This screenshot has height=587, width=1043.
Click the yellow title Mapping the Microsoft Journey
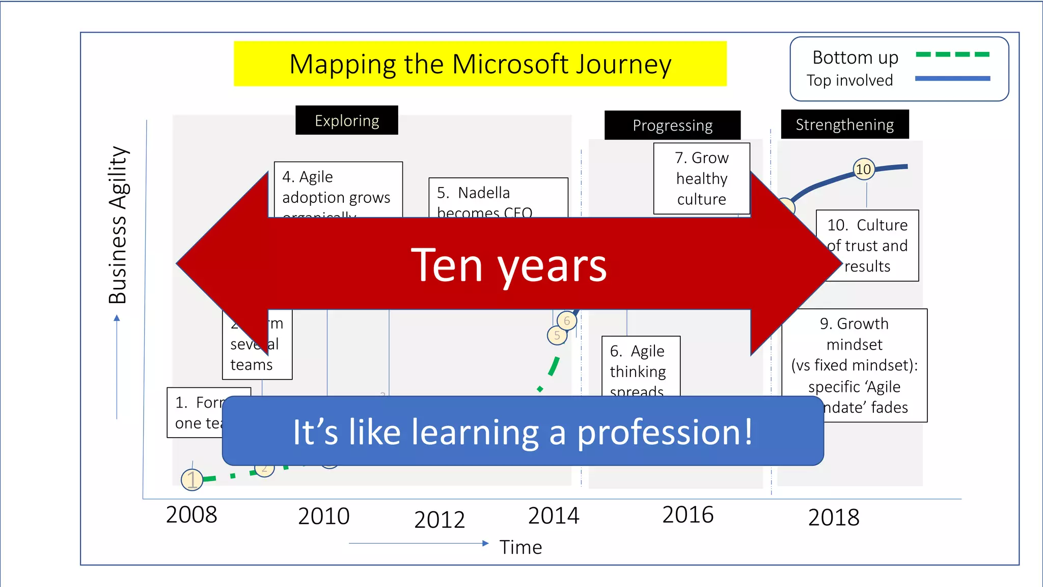point(480,64)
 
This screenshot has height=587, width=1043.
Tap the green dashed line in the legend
point(952,55)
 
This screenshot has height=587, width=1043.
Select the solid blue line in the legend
point(952,78)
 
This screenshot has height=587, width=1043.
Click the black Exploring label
point(346,121)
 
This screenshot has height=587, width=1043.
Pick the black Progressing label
point(672,125)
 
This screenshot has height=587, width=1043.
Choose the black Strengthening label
point(844,125)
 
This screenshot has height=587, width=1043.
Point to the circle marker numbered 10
point(863,169)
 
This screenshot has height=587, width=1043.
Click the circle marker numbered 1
point(192,479)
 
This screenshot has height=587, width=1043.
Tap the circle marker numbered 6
point(567,321)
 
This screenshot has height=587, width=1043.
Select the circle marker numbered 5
point(557,336)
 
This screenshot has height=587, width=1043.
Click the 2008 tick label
point(191,515)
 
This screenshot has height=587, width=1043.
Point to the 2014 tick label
point(554,516)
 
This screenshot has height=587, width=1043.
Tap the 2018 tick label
point(834,518)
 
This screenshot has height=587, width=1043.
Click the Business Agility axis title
point(118,225)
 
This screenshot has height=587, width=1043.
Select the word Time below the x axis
point(520,547)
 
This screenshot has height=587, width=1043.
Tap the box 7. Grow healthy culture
point(701,178)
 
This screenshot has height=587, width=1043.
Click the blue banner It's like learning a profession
point(523,432)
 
